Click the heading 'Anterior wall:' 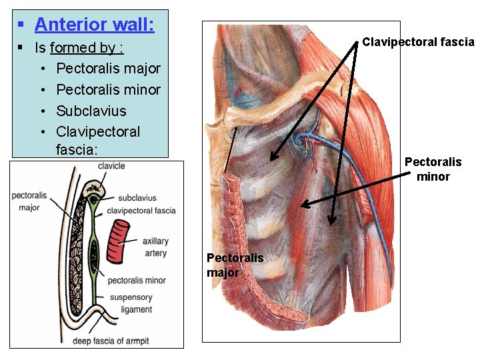tap(94, 25)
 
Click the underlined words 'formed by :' tap(87, 48)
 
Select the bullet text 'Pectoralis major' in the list tap(108, 68)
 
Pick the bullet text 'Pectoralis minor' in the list tap(108, 89)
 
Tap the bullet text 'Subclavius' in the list tap(91, 111)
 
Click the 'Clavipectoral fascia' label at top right tap(418, 42)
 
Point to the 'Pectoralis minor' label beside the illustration tap(433, 169)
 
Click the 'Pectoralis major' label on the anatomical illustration tap(235, 265)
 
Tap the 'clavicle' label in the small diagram tap(111, 166)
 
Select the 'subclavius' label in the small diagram tap(137, 198)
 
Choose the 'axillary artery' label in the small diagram tap(155, 247)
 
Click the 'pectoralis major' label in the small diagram tap(29, 201)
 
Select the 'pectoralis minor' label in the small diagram tap(137, 281)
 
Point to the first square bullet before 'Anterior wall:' tap(21, 25)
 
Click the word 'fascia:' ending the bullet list tap(77, 149)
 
